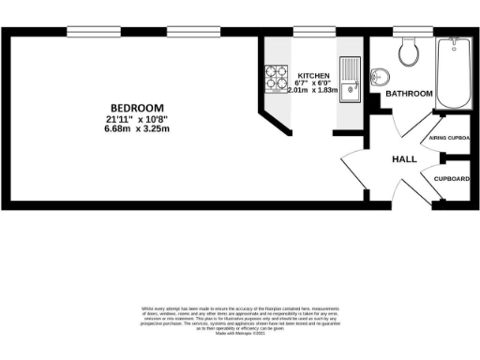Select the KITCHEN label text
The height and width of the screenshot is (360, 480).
coord(313,74)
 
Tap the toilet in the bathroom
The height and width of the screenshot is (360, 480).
coord(409,52)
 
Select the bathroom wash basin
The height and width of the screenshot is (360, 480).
coord(380,77)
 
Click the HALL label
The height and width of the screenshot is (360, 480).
coord(404,159)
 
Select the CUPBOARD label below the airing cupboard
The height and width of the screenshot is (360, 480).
coord(450,178)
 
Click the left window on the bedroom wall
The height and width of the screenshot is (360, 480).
coord(92,32)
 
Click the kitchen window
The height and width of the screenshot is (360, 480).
coord(309,32)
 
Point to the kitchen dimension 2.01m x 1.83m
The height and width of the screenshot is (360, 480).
coord(313,91)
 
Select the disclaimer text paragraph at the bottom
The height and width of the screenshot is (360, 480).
coord(239,318)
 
